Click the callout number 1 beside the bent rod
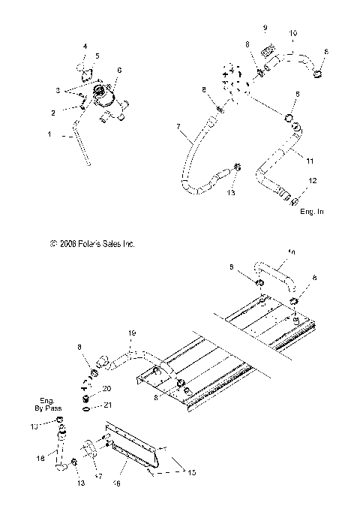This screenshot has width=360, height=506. (x=50, y=134)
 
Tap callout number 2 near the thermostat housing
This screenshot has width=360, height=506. (x=53, y=113)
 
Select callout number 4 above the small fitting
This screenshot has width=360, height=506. (x=85, y=47)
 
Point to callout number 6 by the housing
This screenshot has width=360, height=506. (x=118, y=69)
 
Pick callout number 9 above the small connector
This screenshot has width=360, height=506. (x=265, y=28)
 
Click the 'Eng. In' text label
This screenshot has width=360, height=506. (x=310, y=212)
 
